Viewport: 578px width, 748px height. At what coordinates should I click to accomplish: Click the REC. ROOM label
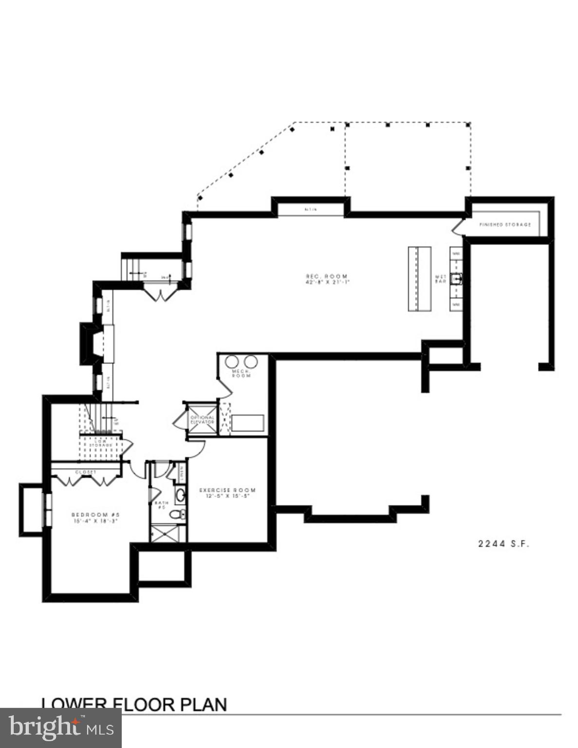coord(327,276)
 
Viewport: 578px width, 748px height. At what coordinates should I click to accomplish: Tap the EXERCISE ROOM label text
coord(227,490)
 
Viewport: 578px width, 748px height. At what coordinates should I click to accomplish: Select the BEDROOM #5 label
coord(95,515)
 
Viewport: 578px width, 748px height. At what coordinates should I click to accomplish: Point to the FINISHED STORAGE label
coord(505,224)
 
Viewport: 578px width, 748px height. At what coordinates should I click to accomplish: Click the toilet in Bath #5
coord(180,514)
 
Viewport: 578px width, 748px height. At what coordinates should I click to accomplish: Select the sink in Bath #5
coord(180,496)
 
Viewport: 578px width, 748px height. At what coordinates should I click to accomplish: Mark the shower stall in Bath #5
coord(168,533)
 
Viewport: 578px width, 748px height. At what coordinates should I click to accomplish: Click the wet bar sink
coord(456,279)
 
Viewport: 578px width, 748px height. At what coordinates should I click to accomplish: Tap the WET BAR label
coord(440,279)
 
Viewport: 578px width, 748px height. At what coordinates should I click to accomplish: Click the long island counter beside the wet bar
coord(419,279)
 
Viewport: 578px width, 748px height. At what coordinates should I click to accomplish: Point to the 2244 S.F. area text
coord(503,544)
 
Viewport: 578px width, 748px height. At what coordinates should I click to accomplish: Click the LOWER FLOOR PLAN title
coord(134,705)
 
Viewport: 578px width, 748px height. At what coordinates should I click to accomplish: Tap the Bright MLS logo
coord(60,728)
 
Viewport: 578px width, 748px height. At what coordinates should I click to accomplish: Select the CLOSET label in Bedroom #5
coord(86,472)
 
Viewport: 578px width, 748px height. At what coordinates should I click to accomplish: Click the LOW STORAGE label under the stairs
coord(103,443)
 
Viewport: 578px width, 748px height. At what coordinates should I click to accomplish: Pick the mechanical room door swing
coord(225,387)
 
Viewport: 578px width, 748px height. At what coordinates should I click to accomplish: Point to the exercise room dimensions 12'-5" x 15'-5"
coord(227,497)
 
